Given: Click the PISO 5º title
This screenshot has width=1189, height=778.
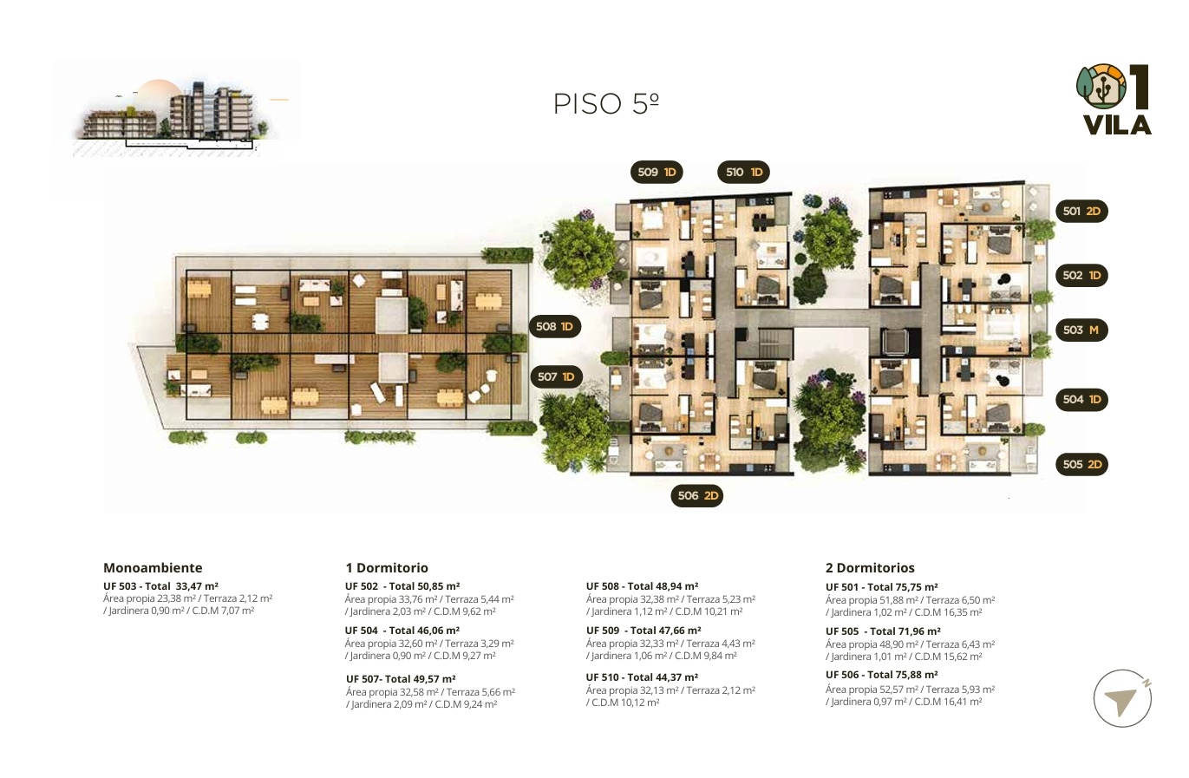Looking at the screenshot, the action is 605,103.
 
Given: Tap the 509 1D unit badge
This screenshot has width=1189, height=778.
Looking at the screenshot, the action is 657,172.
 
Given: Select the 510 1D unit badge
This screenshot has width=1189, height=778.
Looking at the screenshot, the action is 743,172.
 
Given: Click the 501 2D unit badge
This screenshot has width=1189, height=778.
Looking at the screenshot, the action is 1081,212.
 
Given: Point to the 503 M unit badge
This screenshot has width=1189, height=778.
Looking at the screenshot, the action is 1081,330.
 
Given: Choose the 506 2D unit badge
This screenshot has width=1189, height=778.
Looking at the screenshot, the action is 697,495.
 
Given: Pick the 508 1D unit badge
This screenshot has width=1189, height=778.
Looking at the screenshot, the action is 555,326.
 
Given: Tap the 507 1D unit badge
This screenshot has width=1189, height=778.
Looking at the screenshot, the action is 556,376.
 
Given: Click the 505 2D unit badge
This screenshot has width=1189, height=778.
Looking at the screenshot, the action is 1081,464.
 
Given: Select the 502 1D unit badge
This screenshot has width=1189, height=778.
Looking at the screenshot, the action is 1081,276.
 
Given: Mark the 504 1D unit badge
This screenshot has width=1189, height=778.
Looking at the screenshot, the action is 1081,400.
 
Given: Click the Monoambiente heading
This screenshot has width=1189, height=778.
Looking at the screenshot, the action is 153,568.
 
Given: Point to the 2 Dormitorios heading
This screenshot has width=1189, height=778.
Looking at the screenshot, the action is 870,568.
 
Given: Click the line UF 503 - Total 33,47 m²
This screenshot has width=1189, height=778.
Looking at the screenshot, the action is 160,586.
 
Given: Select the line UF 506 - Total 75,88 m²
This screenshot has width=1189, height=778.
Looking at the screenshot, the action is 882,675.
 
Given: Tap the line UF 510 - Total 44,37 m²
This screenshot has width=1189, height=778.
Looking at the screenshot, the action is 642,677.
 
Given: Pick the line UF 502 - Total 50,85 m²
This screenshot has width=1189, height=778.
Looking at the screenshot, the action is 402,586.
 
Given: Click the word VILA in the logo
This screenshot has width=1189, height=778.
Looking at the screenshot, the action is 1117,126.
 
